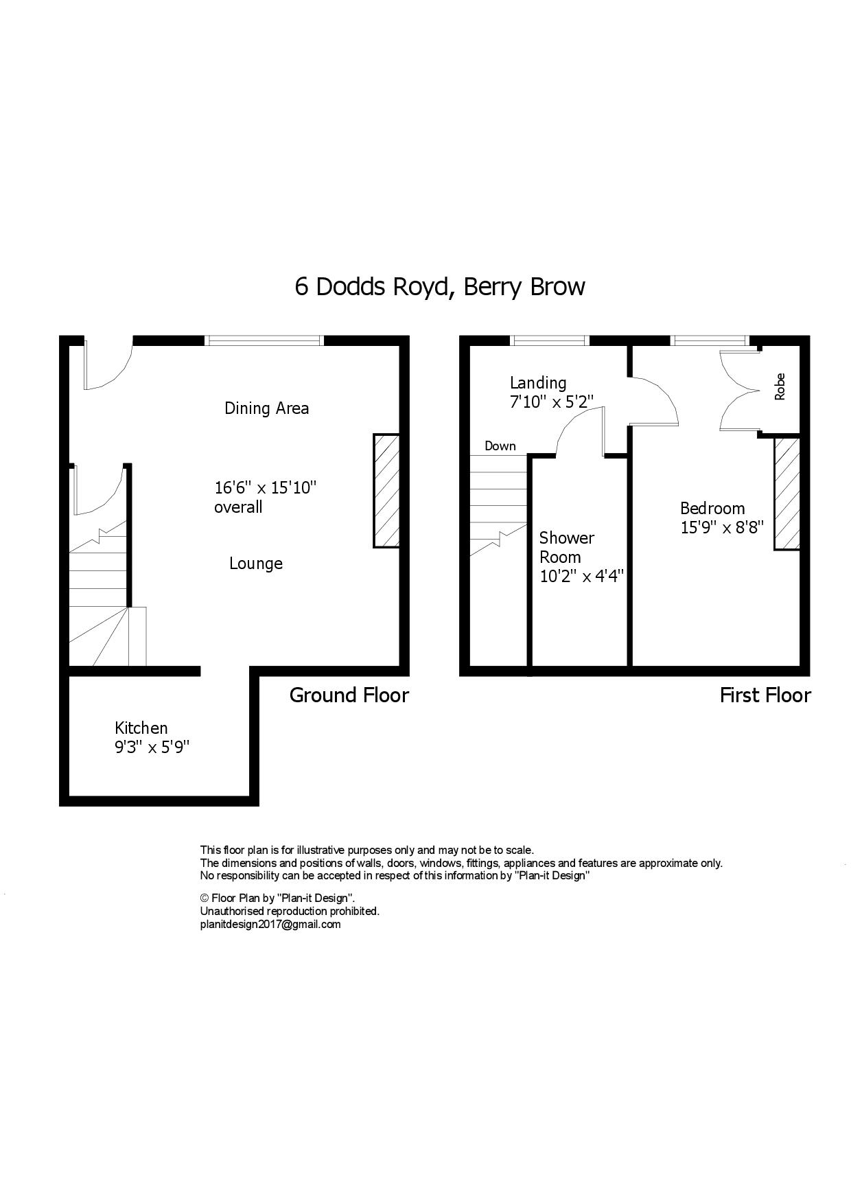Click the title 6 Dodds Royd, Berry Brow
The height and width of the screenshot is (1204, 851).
[x=439, y=286]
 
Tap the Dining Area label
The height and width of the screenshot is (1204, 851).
[x=266, y=408]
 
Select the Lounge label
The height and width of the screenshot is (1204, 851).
[x=256, y=564]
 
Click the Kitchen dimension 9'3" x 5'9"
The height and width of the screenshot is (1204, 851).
[x=152, y=748]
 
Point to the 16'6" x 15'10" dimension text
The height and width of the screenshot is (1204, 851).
[x=265, y=488]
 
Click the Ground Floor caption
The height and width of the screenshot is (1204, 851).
[x=349, y=695]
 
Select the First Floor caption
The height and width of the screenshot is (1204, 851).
[x=765, y=695]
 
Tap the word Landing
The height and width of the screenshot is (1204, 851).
[x=538, y=383]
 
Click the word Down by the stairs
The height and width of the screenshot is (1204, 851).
[x=500, y=446]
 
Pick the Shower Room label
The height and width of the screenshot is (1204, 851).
[x=567, y=547]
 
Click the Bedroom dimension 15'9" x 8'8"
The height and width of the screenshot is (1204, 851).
[x=721, y=528]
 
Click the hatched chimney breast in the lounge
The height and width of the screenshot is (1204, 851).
[x=386, y=490]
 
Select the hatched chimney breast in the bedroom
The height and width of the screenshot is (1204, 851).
[x=786, y=493]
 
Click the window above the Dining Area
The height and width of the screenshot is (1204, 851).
[x=264, y=340]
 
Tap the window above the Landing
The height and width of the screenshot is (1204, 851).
[x=550, y=340]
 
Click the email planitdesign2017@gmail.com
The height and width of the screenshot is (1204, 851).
[x=270, y=924]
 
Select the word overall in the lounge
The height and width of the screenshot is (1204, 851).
[x=238, y=507]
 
